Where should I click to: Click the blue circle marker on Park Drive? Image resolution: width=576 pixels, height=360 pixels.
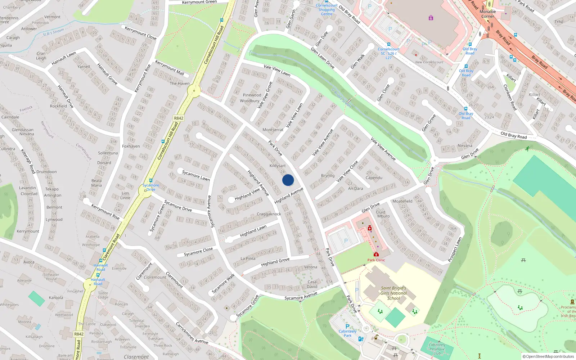click(288, 180)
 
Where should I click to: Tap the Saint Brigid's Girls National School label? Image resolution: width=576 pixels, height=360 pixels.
click(393, 293)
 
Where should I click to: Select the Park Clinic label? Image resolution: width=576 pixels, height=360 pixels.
click(376, 260)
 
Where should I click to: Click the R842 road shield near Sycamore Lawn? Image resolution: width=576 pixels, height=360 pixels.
click(179, 118)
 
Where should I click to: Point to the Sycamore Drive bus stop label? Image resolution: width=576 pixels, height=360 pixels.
click(151, 187)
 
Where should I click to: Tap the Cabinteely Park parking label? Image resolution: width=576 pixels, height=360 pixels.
click(347, 333)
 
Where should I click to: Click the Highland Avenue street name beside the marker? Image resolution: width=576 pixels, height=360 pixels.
click(289, 195)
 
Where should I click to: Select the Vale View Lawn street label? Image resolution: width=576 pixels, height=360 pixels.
click(277, 70)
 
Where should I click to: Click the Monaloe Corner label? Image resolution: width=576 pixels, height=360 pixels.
click(488, 14)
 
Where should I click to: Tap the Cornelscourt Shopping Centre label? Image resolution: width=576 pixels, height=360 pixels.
click(327, 10)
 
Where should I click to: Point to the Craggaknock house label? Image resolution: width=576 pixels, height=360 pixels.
click(269, 214)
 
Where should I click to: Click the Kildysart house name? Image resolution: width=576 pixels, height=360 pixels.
click(278, 166)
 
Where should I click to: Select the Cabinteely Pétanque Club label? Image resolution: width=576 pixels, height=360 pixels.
click(437, 349)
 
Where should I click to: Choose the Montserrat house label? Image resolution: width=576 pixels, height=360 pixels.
click(273, 130)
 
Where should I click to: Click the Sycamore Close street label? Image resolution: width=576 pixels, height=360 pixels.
click(198, 252)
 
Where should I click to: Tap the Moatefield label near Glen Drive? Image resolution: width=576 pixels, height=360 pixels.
click(402, 201)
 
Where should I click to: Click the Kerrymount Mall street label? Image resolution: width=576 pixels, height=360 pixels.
click(170, 68)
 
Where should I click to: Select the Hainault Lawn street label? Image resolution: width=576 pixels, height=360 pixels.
click(64, 58)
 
